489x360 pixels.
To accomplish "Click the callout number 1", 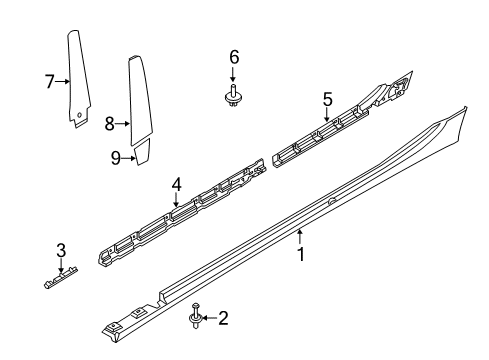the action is (301, 255).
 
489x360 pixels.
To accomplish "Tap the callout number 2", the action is (223, 318).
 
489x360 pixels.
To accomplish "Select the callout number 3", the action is (61, 251).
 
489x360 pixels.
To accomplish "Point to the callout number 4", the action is (177, 185).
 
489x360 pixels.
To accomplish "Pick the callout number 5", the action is (327, 99).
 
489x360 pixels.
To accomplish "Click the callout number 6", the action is (234, 57).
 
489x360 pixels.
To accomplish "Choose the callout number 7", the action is (50, 81).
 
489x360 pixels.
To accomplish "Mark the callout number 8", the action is (110, 124).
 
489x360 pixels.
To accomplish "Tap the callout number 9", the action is (115, 158).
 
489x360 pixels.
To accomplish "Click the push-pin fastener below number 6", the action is (233, 96).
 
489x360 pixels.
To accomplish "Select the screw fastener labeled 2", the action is (195, 316).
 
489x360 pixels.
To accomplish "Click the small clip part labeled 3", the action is (61, 277).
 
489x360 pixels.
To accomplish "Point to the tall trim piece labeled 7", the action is (79, 79).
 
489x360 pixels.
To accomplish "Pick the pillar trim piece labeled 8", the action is (140, 100).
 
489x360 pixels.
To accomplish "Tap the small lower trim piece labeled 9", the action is (143, 152).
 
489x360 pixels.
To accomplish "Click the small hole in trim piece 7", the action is (80, 115).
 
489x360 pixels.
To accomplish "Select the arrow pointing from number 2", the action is (209, 318).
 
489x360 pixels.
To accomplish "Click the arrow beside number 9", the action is (129, 158).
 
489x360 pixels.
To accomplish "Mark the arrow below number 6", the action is (233, 74).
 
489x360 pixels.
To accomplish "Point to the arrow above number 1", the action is (300, 237).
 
